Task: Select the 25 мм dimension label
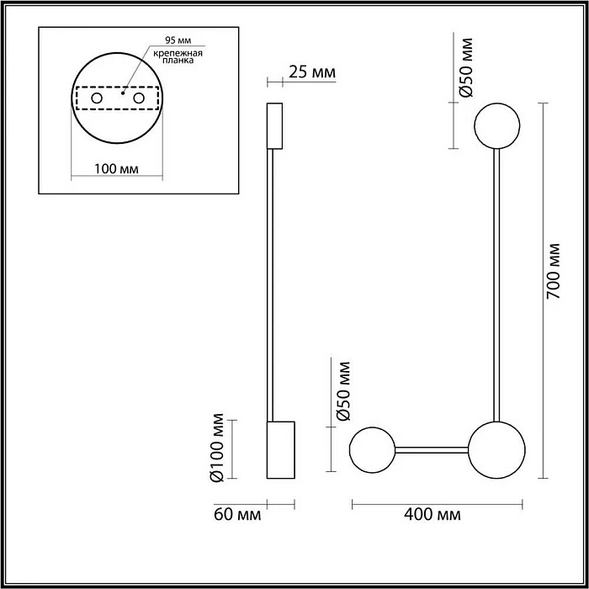coord(311,73)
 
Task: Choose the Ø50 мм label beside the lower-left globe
coord(342,390)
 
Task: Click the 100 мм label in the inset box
coord(117,169)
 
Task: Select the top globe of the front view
coord(498,125)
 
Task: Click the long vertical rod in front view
coord(498,286)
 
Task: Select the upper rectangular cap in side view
coord(274,125)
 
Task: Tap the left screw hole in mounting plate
coord(97,98)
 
